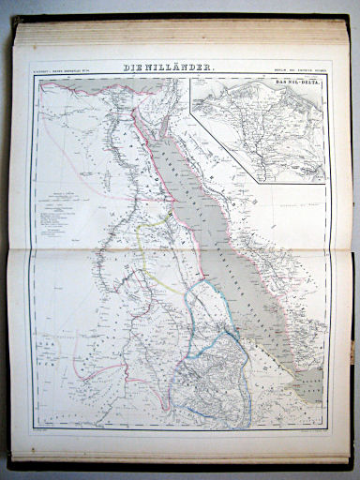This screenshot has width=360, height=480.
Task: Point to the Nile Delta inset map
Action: pyautogui.click(x=258, y=131)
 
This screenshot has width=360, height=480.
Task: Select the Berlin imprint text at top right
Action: pyautogui.click(x=298, y=69)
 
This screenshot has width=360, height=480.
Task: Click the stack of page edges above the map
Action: pyautogui.click(x=178, y=33)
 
